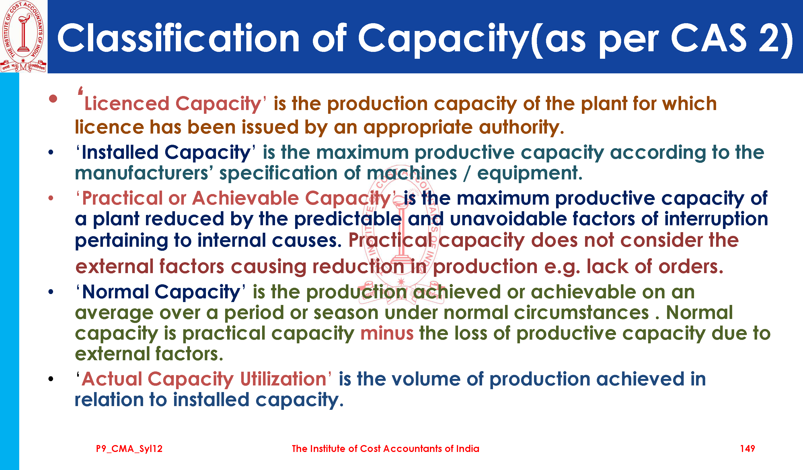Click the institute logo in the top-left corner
[23, 36]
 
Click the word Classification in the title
[178, 38]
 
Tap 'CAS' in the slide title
[708, 38]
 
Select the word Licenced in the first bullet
[126, 103]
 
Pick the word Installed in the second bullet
[120, 152]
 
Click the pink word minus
[387, 333]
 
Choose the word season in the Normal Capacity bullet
[346, 313]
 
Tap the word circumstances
[582, 313]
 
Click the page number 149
[747, 449]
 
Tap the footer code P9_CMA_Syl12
[129, 449]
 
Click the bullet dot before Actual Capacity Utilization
[51, 379]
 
